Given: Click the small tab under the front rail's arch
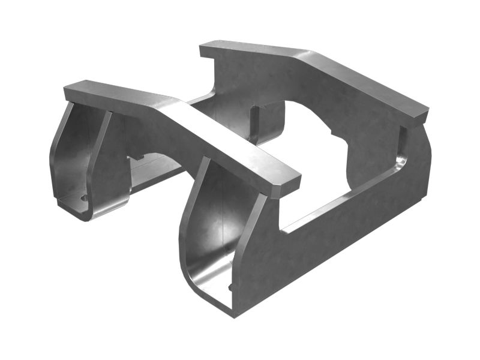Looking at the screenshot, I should pyautogui.click(x=137, y=157).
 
